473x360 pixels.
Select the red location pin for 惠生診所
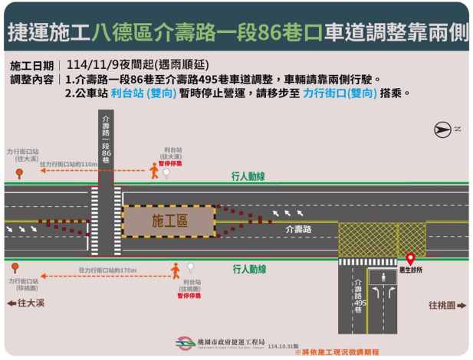point(410,259)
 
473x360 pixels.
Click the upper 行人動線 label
point(248,176)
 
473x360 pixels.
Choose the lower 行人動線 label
point(248,269)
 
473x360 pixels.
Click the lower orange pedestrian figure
point(176,270)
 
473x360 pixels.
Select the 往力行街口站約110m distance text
point(68,165)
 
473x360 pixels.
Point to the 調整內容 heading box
point(31,79)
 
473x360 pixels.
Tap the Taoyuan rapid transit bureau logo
point(184,343)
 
